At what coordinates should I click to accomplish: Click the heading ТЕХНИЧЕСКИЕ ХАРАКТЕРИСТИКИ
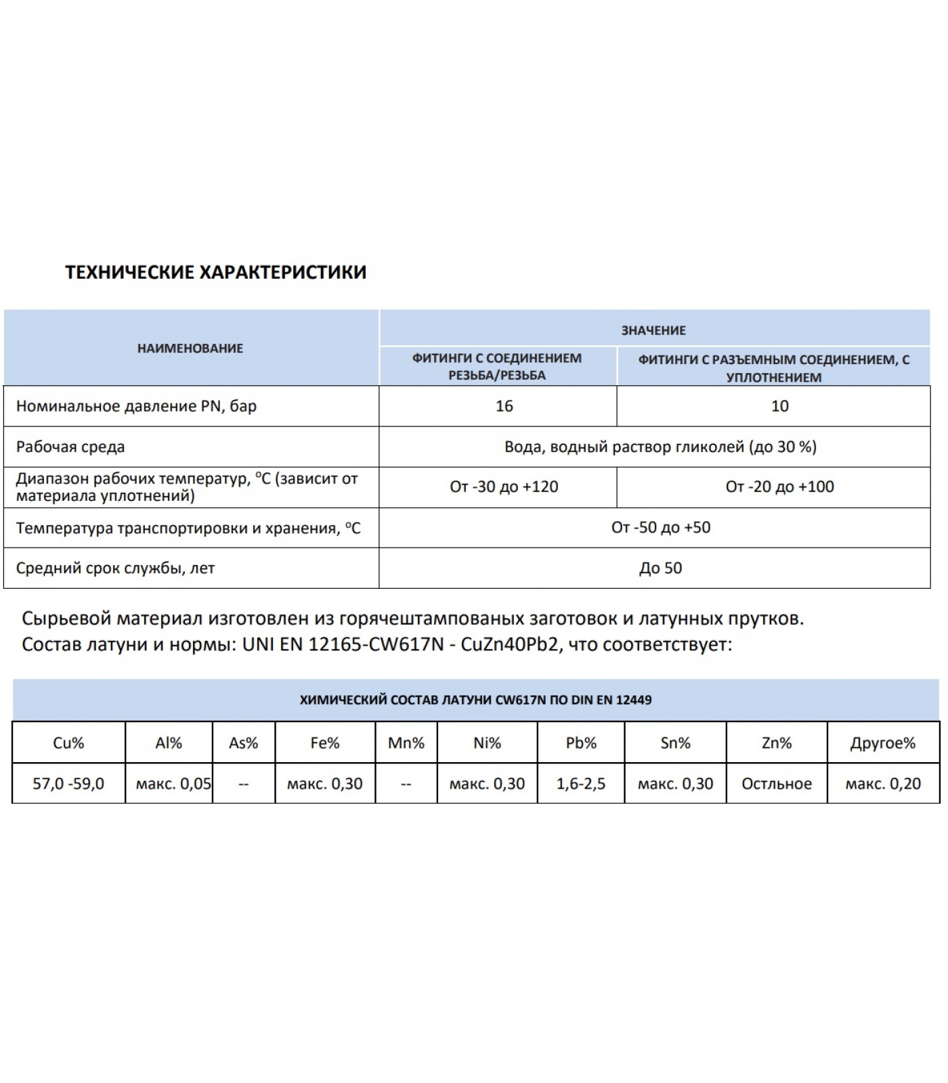(x=215, y=272)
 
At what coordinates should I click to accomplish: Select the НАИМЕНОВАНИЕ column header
(x=190, y=349)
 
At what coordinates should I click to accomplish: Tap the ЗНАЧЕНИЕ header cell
(x=653, y=330)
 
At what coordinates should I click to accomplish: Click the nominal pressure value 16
(x=504, y=406)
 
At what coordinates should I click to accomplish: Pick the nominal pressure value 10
(x=779, y=406)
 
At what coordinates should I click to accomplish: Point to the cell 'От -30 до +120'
(x=504, y=487)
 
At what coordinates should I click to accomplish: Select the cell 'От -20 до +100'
(x=779, y=487)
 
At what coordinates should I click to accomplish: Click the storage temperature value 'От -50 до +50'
(x=661, y=527)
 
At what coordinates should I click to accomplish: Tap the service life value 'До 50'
(x=660, y=568)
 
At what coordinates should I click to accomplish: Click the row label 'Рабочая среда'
(x=70, y=447)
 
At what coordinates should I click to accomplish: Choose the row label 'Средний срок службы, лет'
(x=115, y=568)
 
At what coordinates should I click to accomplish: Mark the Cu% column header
(x=68, y=743)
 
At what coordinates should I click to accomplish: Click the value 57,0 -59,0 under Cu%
(x=68, y=784)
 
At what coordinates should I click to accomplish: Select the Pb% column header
(x=581, y=743)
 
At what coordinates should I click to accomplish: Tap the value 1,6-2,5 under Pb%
(x=581, y=784)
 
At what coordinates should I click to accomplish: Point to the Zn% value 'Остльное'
(x=776, y=784)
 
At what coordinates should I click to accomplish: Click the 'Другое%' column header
(x=882, y=743)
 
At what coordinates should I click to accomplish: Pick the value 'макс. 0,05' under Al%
(x=173, y=784)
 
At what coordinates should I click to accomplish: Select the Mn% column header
(x=406, y=743)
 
